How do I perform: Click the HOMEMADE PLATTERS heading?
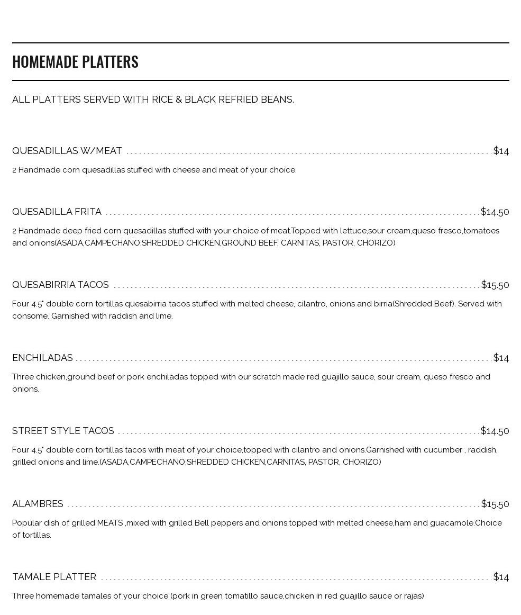[x=75, y=61]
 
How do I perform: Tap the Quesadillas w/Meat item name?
[x=67, y=151]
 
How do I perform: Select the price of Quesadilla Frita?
[x=495, y=212]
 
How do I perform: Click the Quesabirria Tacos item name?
[x=60, y=285]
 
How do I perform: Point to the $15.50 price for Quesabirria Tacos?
[x=495, y=285]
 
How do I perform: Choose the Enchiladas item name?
[x=42, y=358]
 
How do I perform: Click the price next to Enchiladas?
[x=501, y=358]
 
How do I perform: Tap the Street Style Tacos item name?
[x=63, y=431]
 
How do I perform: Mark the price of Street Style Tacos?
[x=495, y=431]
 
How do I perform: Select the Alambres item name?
[x=38, y=504]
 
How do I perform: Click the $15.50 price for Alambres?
[x=495, y=504]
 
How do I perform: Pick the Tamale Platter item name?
[x=54, y=577]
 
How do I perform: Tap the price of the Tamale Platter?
[x=501, y=577]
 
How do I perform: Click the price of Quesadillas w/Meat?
[x=501, y=151]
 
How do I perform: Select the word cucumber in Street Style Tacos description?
[x=443, y=450]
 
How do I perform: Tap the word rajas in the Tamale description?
[x=414, y=596]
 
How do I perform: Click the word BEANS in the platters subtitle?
[x=277, y=100]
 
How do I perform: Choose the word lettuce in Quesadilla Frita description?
[x=353, y=231]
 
